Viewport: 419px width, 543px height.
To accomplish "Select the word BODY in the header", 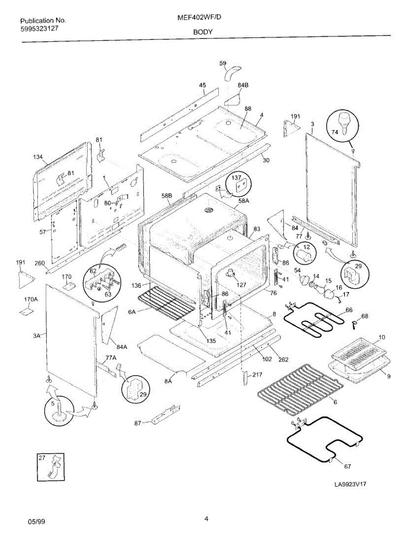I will tap(203, 32).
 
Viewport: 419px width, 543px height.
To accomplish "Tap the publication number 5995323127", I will tap(40, 28).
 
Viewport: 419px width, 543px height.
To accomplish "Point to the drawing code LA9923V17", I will tap(350, 484).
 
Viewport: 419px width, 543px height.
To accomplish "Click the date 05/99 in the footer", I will tap(36, 522).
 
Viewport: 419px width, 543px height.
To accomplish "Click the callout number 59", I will tap(223, 63).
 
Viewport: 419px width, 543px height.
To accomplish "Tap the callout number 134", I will tap(38, 157).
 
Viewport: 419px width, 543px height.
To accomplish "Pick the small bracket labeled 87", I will tap(164, 415).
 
